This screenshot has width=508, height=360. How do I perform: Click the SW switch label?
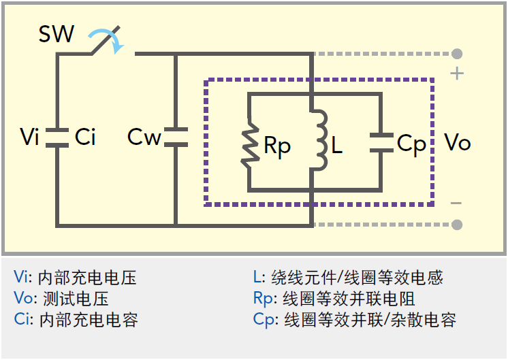tap(57, 33)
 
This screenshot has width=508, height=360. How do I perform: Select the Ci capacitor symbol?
tap(57, 138)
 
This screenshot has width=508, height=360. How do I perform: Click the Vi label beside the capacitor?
tap(29, 136)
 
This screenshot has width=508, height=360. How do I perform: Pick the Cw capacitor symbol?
tap(176, 137)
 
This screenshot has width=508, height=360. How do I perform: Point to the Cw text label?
tap(144, 137)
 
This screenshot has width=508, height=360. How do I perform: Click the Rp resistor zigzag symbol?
tap(250, 143)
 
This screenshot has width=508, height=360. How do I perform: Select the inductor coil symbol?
tap(319, 140)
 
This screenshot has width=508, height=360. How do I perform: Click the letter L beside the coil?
tap(336, 144)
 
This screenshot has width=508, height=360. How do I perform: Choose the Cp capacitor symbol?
tap(381, 143)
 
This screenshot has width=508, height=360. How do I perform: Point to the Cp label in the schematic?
tap(411, 145)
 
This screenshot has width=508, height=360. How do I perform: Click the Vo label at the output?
tap(458, 142)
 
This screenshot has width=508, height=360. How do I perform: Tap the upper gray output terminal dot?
tap(457, 54)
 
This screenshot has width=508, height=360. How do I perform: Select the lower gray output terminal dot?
tap(457, 225)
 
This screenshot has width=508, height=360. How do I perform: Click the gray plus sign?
tap(457, 73)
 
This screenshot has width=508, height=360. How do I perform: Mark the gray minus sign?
tap(456, 203)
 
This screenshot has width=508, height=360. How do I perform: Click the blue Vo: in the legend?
tap(23, 298)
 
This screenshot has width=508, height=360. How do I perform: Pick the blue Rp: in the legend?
tap(265, 299)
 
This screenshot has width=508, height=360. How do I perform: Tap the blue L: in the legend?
tap(259, 277)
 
